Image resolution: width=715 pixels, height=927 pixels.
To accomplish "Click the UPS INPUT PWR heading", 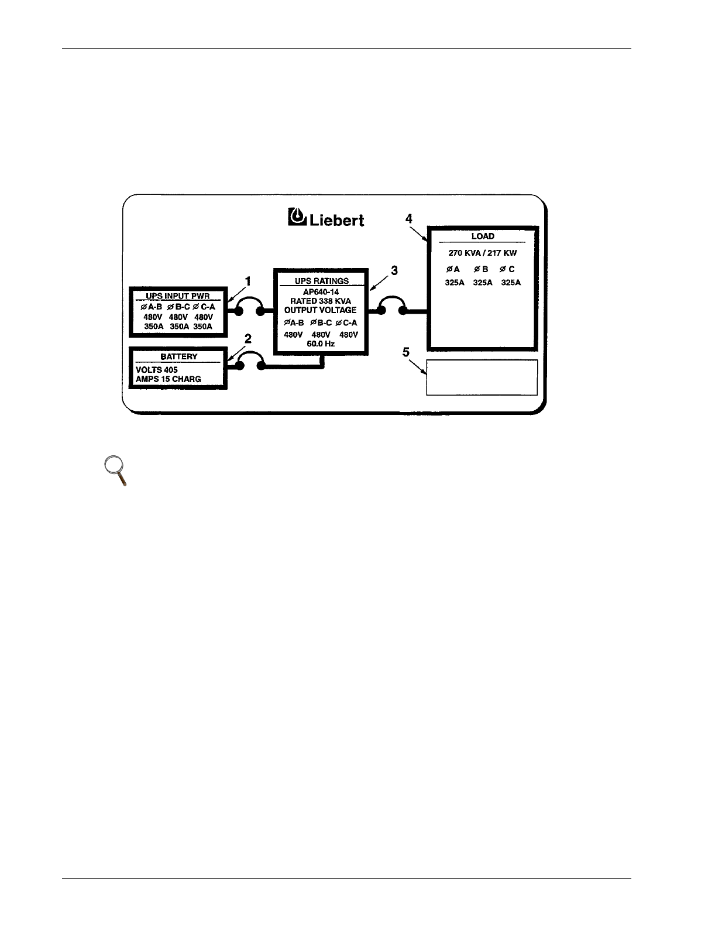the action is click(178, 296).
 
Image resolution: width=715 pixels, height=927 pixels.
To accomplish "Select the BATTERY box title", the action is click(178, 356).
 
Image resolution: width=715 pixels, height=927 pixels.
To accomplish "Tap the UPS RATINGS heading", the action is click(321, 281).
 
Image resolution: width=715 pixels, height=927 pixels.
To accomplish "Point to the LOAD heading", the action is click(483, 236).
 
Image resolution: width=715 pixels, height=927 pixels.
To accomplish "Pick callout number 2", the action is click(248, 338).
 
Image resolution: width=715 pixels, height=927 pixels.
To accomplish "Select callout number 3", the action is click(395, 271).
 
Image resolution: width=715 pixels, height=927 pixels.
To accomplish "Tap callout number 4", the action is click(409, 218).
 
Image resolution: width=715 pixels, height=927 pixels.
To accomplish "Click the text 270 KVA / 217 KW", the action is click(483, 253).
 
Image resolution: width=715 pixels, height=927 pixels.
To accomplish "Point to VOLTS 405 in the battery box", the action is click(157, 370).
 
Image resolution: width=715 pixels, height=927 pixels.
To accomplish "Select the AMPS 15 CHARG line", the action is click(169, 379).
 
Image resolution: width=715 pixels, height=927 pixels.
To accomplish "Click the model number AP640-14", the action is click(321, 291).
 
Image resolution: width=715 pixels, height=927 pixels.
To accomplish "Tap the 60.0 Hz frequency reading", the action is click(321, 344).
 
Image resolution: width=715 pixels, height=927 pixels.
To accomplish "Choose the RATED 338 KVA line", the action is click(321, 300).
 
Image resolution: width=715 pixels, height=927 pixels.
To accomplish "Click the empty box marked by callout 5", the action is click(482, 377).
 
